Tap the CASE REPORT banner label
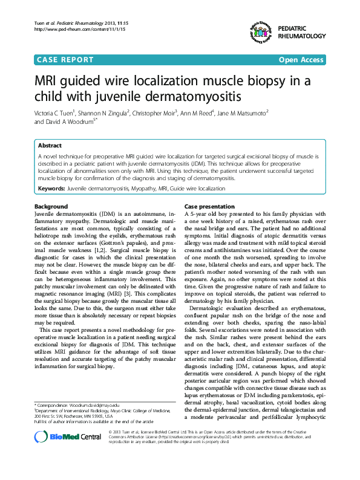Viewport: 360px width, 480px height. (65, 60)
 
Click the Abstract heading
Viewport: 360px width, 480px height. (50, 146)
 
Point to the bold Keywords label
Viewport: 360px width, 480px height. (51, 189)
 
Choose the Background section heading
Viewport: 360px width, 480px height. (51, 206)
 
